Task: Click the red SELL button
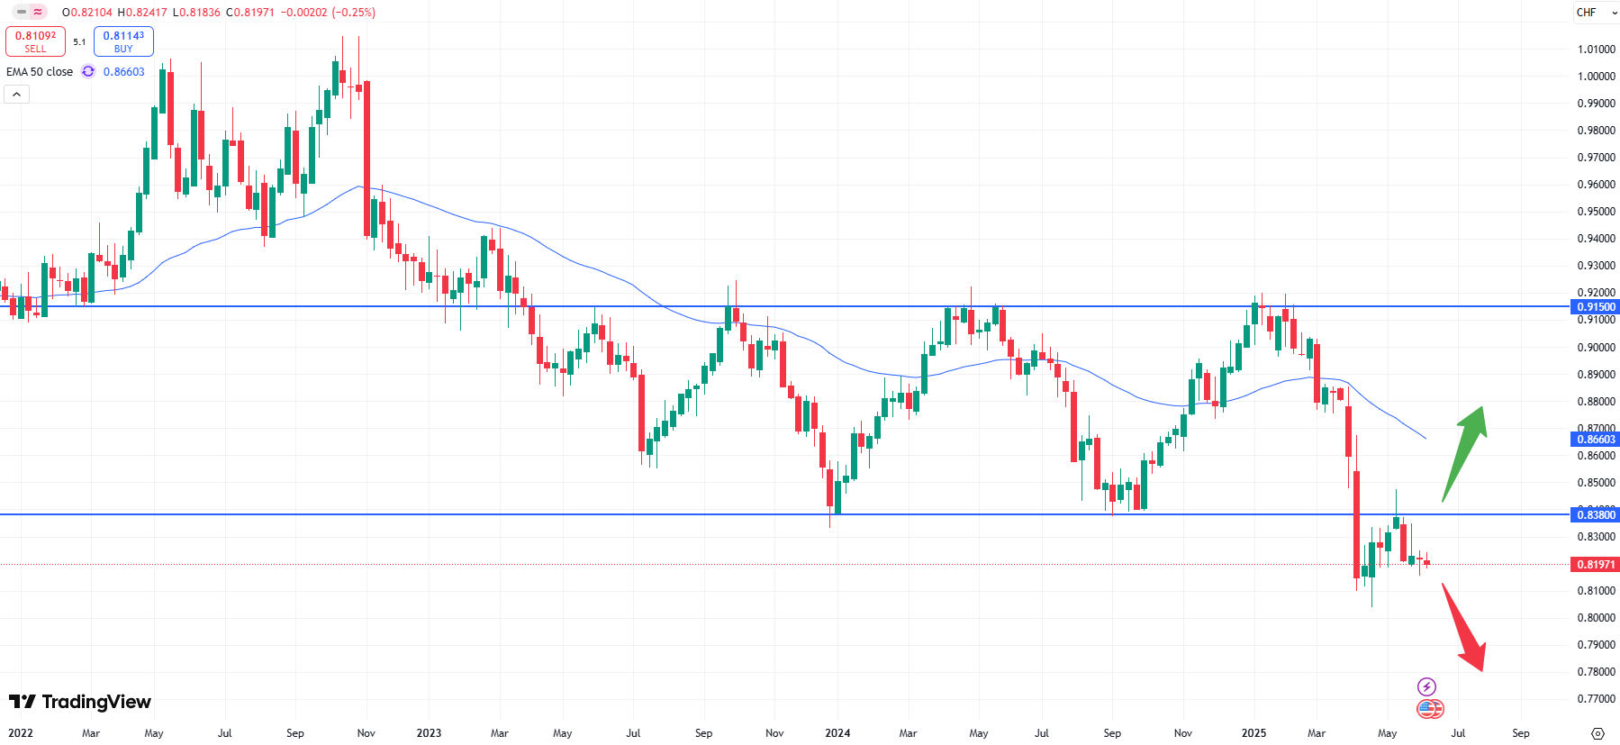[x=35, y=41]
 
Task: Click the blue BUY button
[x=123, y=41]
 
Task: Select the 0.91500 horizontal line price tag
[x=1596, y=307]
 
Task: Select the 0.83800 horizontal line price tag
[x=1596, y=515]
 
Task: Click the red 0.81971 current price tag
[x=1596, y=565]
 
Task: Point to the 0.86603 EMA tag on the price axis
[x=1596, y=440]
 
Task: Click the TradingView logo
[x=80, y=702]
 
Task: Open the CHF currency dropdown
[x=1596, y=13]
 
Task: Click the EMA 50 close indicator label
[x=40, y=72]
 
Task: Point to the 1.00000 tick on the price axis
[x=1596, y=77]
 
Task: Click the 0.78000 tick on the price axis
[x=1596, y=672]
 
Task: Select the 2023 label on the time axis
[x=429, y=733]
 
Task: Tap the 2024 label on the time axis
[x=837, y=733]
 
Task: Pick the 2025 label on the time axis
[x=1253, y=733]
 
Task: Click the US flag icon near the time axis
[x=1430, y=709]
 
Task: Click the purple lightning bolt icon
[x=1426, y=686]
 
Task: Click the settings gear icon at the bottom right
[x=1597, y=733]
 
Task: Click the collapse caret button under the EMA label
[x=17, y=94]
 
